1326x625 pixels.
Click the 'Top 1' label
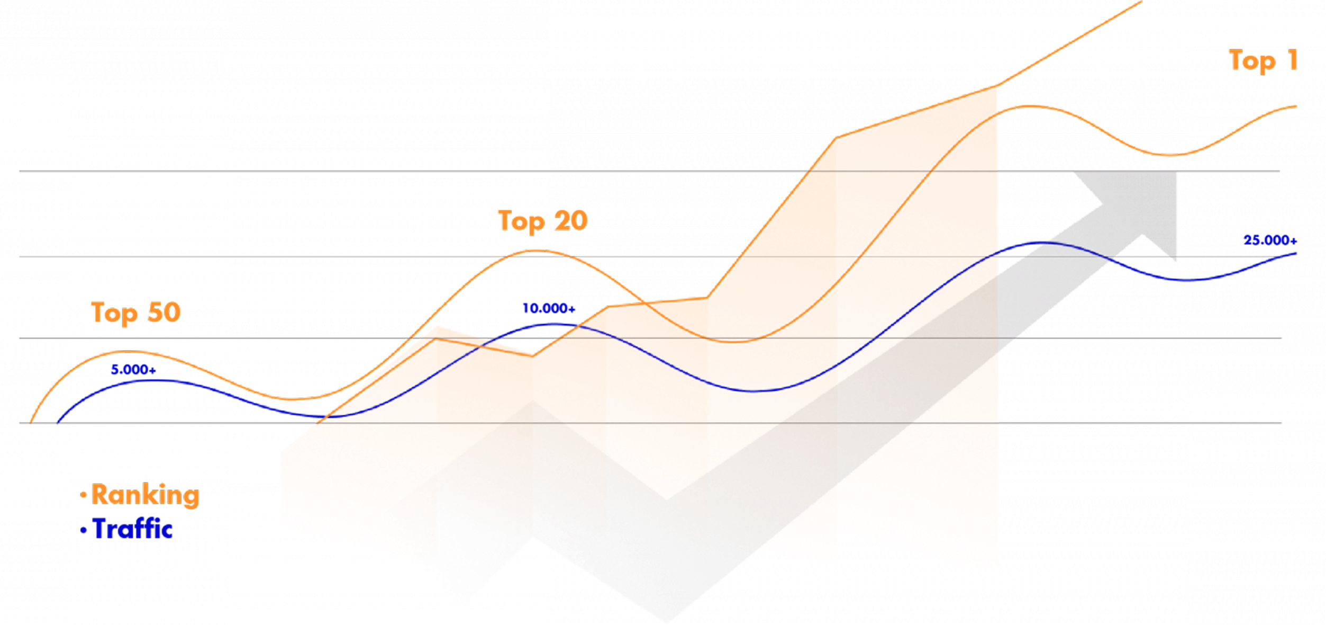pyautogui.click(x=1263, y=61)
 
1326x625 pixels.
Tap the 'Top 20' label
pyautogui.click(x=542, y=220)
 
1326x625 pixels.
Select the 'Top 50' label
pyautogui.click(x=135, y=312)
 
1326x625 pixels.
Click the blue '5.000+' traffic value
pyautogui.click(x=133, y=370)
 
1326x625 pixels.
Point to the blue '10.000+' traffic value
pyautogui.click(x=548, y=308)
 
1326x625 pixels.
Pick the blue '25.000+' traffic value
pyautogui.click(x=1269, y=240)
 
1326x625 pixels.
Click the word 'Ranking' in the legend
pyautogui.click(x=146, y=495)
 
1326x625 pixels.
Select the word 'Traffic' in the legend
pyautogui.click(x=133, y=529)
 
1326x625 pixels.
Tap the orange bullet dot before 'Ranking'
pyautogui.click(x=84, y=495)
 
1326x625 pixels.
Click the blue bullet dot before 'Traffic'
pyautogui.click(x=84, y=530)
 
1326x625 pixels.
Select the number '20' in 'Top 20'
pyautogui.click(x=571, y=220)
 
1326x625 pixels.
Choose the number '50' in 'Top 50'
pyautogui.click(x=164, y=312)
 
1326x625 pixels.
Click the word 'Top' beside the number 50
pyautogui.click(x=114, y=313)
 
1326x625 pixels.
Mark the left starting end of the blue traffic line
pyautogui.click(x=58, y=423)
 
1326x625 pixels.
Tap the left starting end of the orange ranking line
pyautogui.click(x=31, y=423)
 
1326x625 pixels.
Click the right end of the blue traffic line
pyautogui.click(x=1295, y=253)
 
